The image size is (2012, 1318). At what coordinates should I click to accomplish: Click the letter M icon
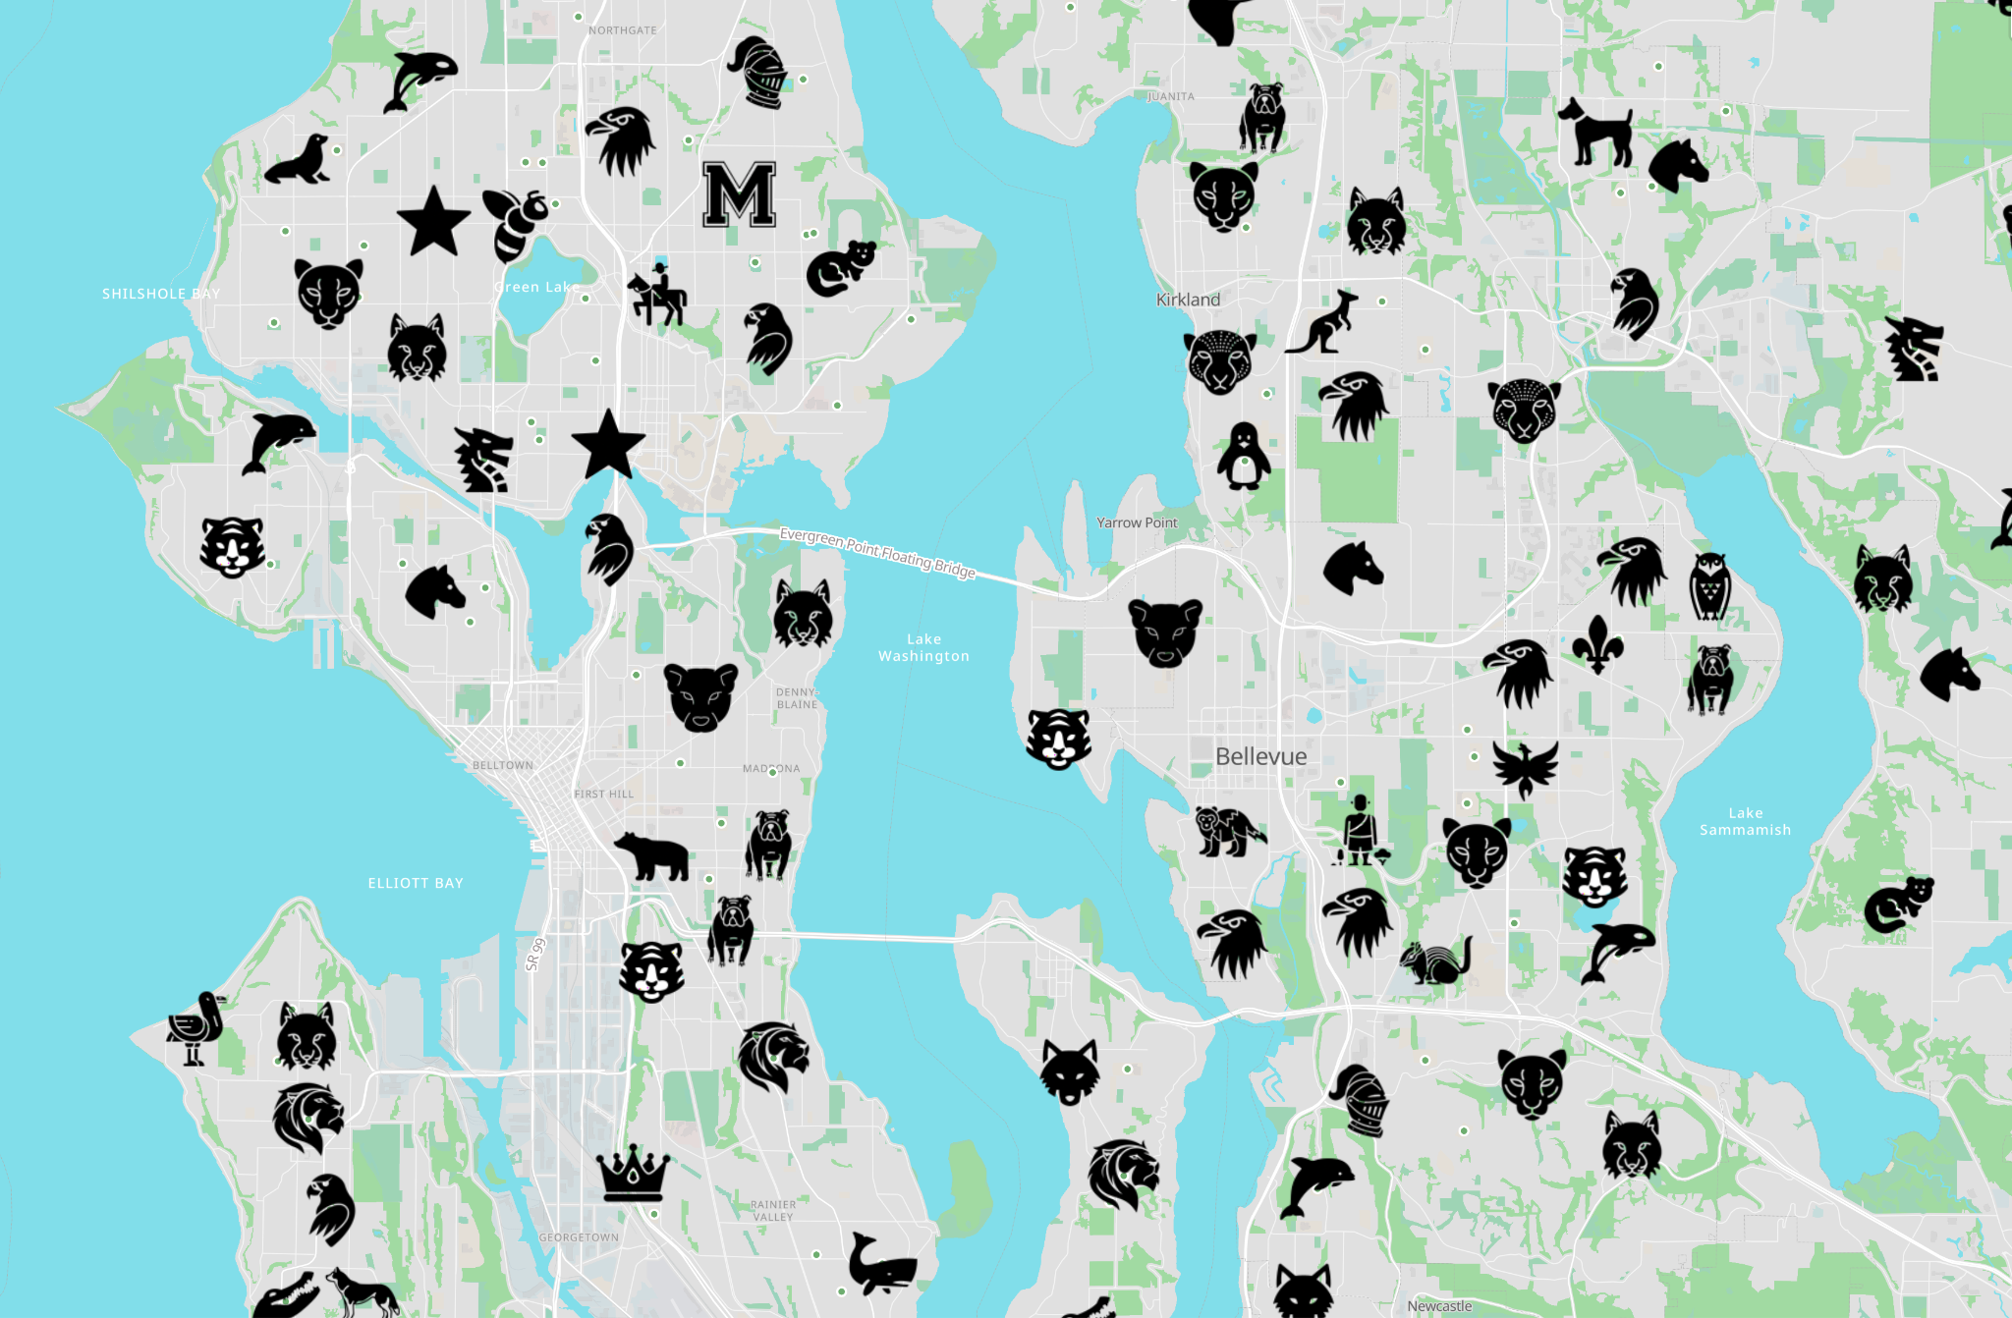[x=740, y=194]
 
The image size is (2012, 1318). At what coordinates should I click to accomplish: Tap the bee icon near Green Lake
[x=515, y=223]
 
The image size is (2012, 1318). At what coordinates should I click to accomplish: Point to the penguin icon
[x=1244, y=456]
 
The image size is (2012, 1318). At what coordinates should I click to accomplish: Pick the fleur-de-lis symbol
[x=1597, y=644]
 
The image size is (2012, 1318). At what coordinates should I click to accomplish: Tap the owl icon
[x=1709, y=586]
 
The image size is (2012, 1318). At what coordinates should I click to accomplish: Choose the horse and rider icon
[x=656, y=295]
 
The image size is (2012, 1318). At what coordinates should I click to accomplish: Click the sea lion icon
[x=298, y=160]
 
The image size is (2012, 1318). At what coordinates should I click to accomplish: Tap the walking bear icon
[x=651, y=855]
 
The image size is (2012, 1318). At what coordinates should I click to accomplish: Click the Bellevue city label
[x=1260, y=756]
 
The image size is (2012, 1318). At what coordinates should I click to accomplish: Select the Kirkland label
[x=1188, y=300]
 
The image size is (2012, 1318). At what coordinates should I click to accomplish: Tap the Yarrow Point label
[x=1137, y=522]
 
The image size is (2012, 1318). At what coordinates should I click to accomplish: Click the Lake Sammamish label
[x=1745, y=821]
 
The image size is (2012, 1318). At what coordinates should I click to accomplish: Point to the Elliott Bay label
[x=416, y=883]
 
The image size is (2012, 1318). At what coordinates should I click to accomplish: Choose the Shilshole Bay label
[x=161, y=294]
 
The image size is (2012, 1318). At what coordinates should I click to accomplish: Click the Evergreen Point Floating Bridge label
[x=877, y=553]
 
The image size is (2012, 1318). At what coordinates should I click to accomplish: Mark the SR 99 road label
[x=534, y=955]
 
